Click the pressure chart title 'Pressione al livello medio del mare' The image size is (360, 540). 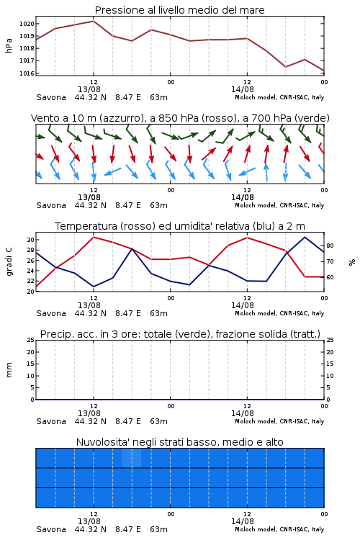179,10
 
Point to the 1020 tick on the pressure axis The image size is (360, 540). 27,24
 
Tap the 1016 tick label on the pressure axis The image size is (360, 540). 27,73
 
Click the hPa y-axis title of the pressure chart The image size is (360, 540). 9,45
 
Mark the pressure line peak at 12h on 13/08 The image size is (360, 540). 94,21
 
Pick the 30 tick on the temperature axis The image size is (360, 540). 30,240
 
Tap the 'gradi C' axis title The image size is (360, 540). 9,262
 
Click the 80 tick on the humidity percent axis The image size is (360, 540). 330,246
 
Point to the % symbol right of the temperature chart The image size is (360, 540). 352,262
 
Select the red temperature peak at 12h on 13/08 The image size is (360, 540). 94,237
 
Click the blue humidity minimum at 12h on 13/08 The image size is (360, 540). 94,287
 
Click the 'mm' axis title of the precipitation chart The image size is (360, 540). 9,370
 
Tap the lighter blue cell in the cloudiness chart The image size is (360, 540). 132,458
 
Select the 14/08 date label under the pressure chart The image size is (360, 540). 243,89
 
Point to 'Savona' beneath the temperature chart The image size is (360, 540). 51,313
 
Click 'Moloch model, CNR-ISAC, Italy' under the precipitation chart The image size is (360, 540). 279,421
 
